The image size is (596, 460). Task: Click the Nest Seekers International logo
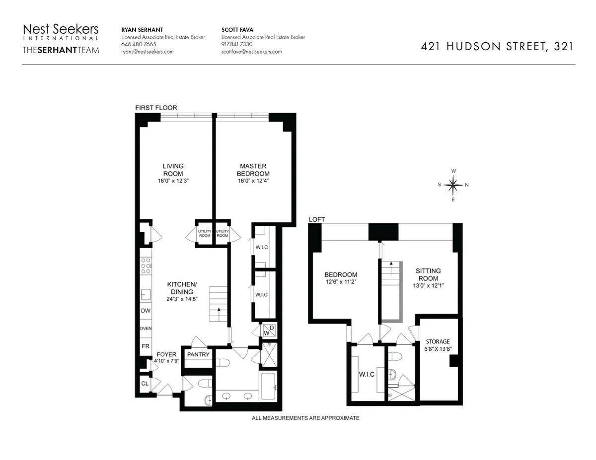point(61,33)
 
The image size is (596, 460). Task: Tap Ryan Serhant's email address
point(148,52)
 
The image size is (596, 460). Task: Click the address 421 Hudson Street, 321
point(497,47)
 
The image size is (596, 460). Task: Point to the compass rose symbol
point(453,185)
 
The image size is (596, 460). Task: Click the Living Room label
point(173,170)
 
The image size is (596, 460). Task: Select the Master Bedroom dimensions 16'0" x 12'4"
point(253,181)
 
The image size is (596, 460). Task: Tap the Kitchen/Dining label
point(182,288)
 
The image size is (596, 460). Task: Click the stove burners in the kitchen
point(146,265)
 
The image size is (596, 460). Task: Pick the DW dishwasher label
point(146,311)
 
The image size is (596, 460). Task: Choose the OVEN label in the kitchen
point(146,329)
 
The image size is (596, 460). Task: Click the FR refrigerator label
point(146,346)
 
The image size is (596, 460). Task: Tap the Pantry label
point(198,355)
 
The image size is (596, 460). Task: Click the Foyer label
point(166,354)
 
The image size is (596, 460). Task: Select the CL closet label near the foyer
point(145,384)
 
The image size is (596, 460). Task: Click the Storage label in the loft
point(438,341)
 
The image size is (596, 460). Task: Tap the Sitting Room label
point(428,274)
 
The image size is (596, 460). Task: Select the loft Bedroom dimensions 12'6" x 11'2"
point(341,282)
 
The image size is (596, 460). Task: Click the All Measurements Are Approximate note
point(305,418)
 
